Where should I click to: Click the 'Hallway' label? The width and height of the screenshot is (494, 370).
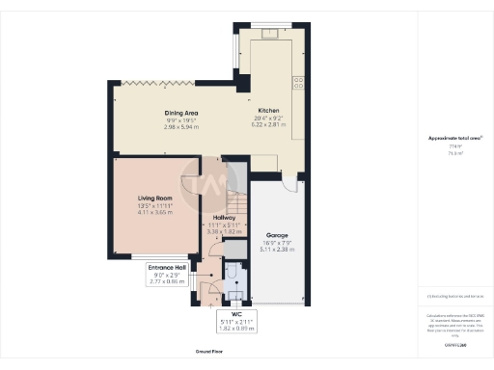[222, 218]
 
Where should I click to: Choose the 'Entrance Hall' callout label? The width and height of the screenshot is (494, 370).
[166, 266]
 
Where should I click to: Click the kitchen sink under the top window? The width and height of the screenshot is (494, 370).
[273, 37]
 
